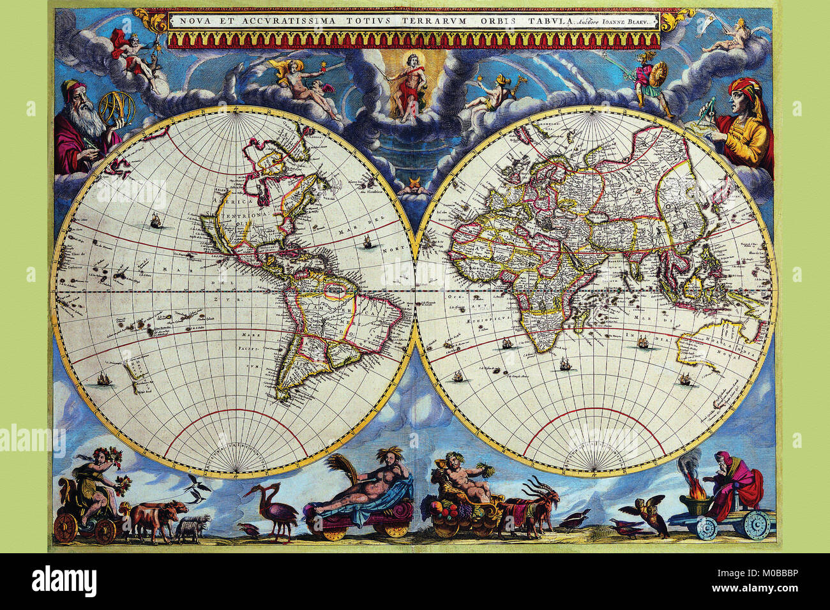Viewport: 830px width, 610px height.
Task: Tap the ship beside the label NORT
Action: pos(366,242)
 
